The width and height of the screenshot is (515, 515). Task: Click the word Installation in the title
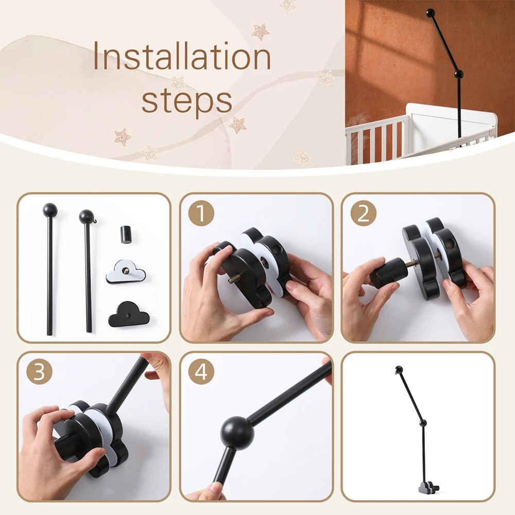point(182,56)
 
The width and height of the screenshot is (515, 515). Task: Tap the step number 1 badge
point(201,213)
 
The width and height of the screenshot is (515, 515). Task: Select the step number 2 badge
point(363,213)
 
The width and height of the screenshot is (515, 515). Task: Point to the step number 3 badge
point(39,372)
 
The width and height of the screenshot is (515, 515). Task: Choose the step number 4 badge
point(201,372)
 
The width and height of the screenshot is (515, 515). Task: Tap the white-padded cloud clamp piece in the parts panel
point(126,272)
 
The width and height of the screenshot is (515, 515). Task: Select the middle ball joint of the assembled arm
point(423,423)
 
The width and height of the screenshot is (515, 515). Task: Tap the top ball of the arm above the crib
point(430,13)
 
